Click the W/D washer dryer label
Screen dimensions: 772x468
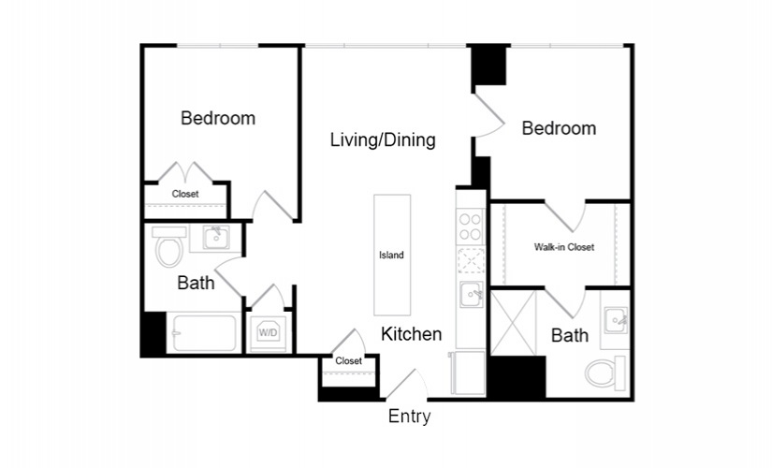point(268,333)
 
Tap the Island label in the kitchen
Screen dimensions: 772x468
point(391,256)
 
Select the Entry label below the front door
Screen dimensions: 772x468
point(409,417)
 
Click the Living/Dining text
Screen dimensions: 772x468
point(383,139)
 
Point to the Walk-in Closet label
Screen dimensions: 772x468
point(564,247)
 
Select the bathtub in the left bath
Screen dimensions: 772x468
point(204,332)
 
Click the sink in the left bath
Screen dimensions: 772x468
point(216,238)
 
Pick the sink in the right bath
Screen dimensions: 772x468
point(616,320)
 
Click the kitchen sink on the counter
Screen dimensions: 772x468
point(472,294)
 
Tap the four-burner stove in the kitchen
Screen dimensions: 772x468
point(471,227)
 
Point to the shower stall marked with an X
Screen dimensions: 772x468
point(513,323)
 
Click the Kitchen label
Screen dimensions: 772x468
point(411,334)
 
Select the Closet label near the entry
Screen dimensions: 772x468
point(349,361)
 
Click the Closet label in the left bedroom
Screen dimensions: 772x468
point(185,194)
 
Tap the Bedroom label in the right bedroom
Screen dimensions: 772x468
point(559,128)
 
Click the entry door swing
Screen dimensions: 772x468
point(406,385)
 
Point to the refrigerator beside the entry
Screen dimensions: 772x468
point(468,373)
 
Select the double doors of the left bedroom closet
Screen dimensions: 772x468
point(185,172)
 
